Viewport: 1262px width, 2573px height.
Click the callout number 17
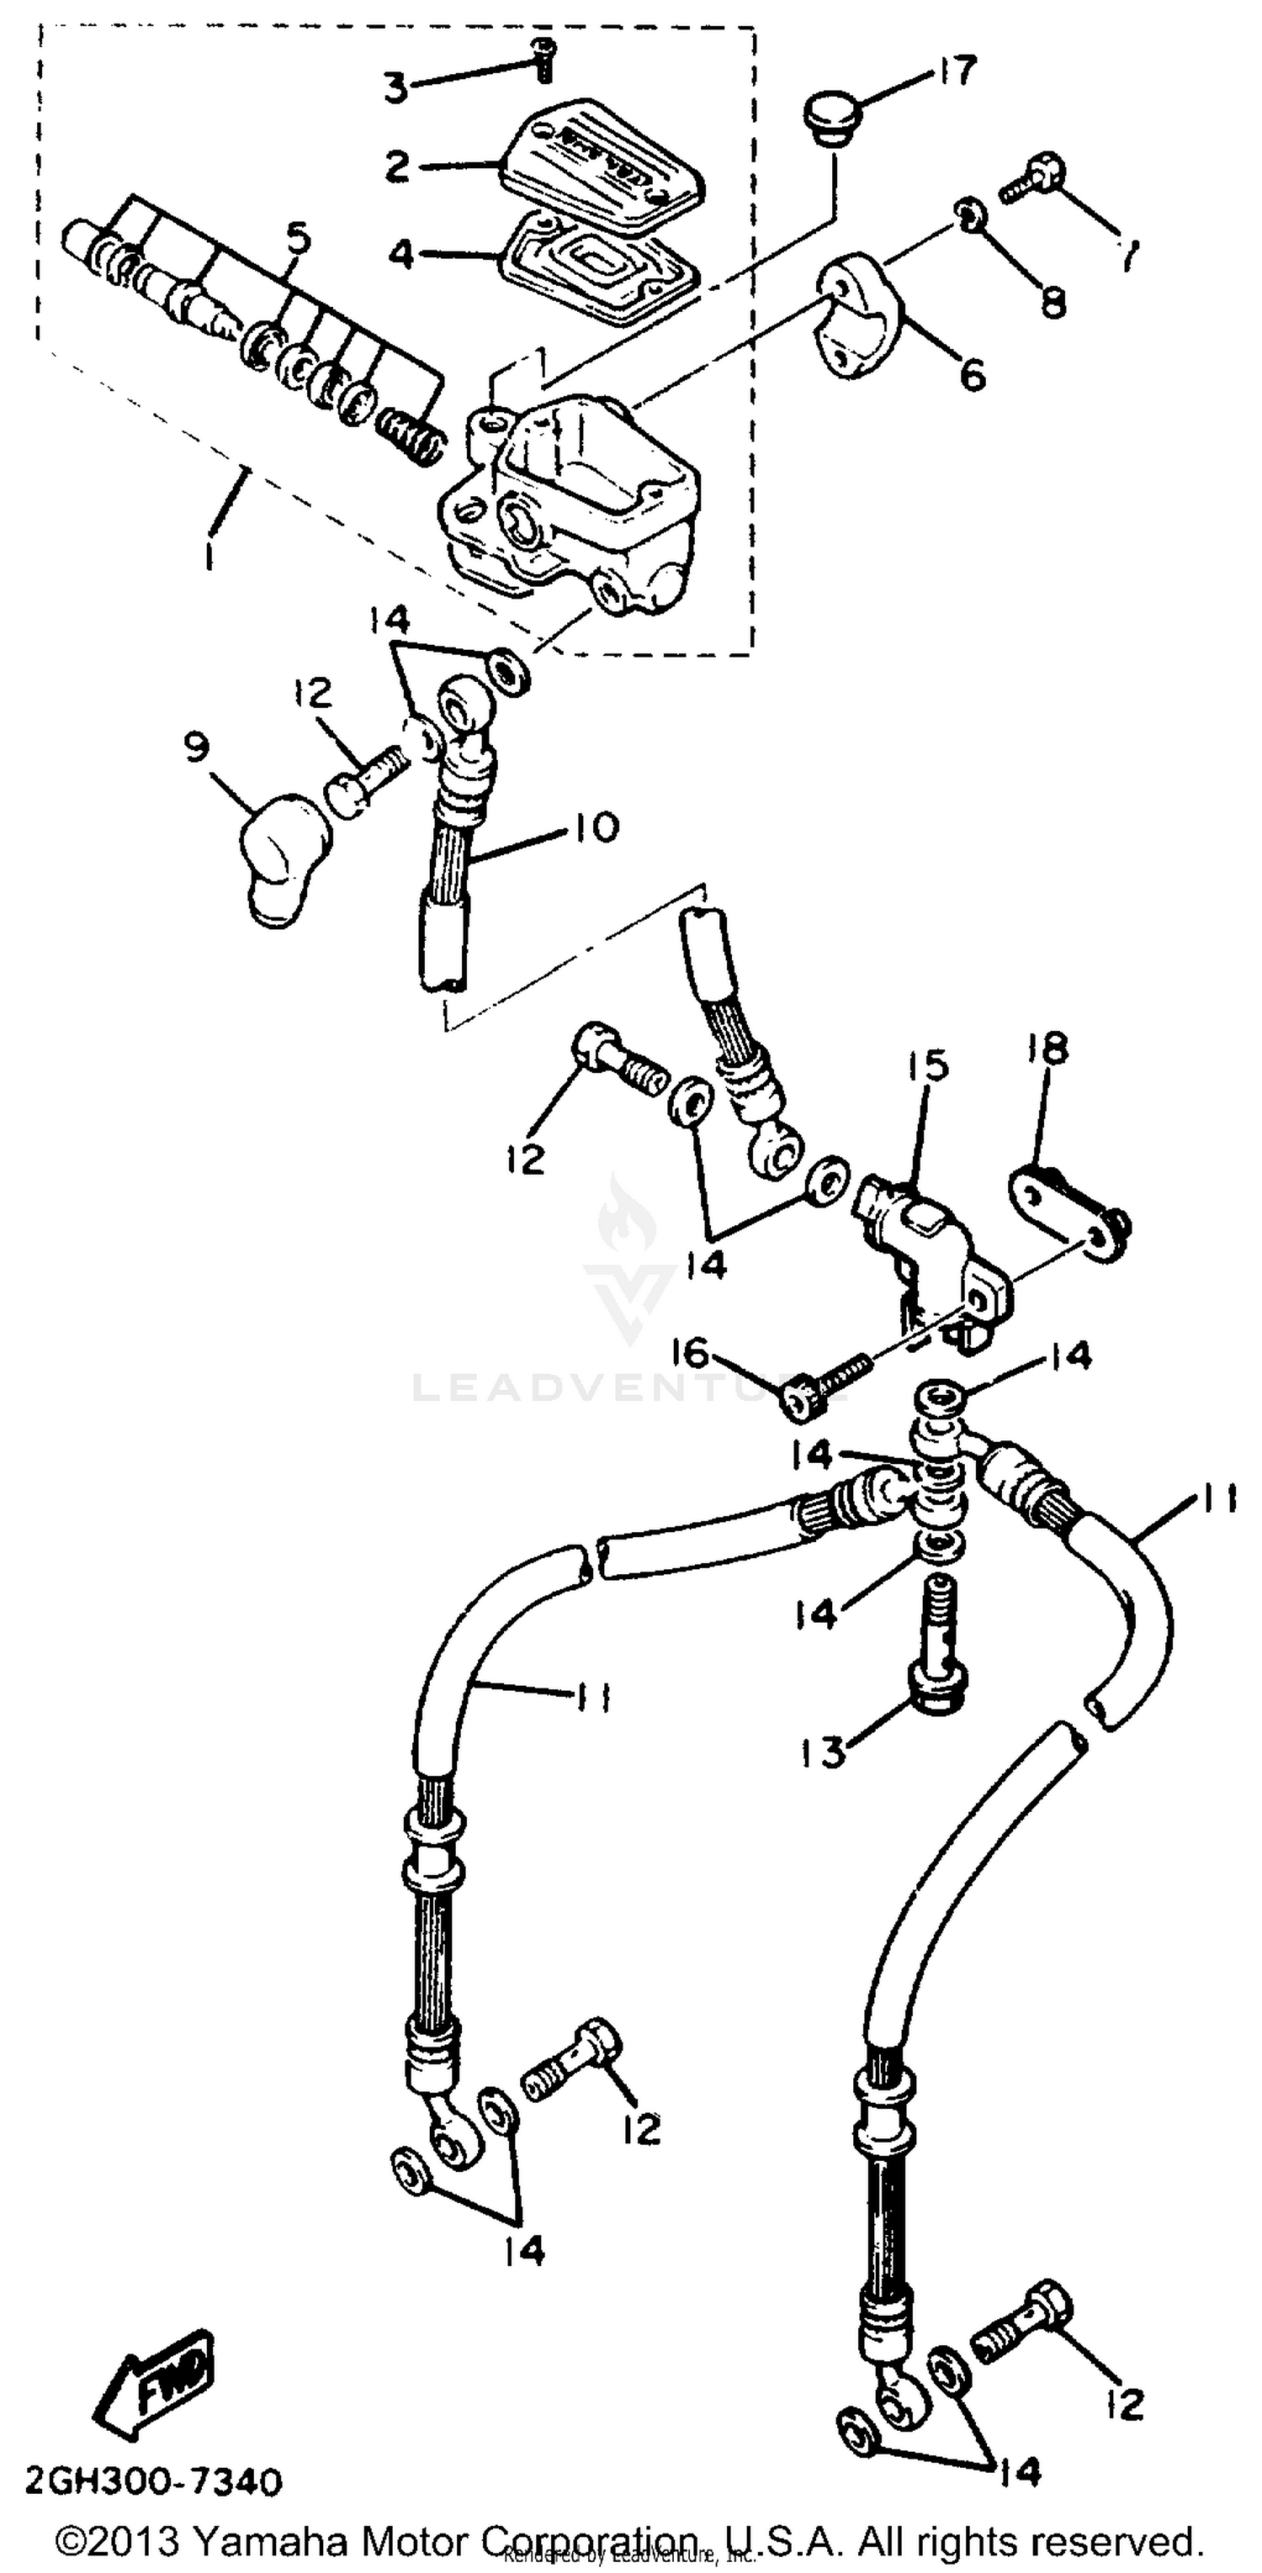pyautogui.click(x=957, y=72)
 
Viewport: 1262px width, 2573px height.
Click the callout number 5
pyautogui.click(x=297, y=240)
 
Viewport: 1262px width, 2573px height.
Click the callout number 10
pyautogui.click(x=596, y=828)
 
